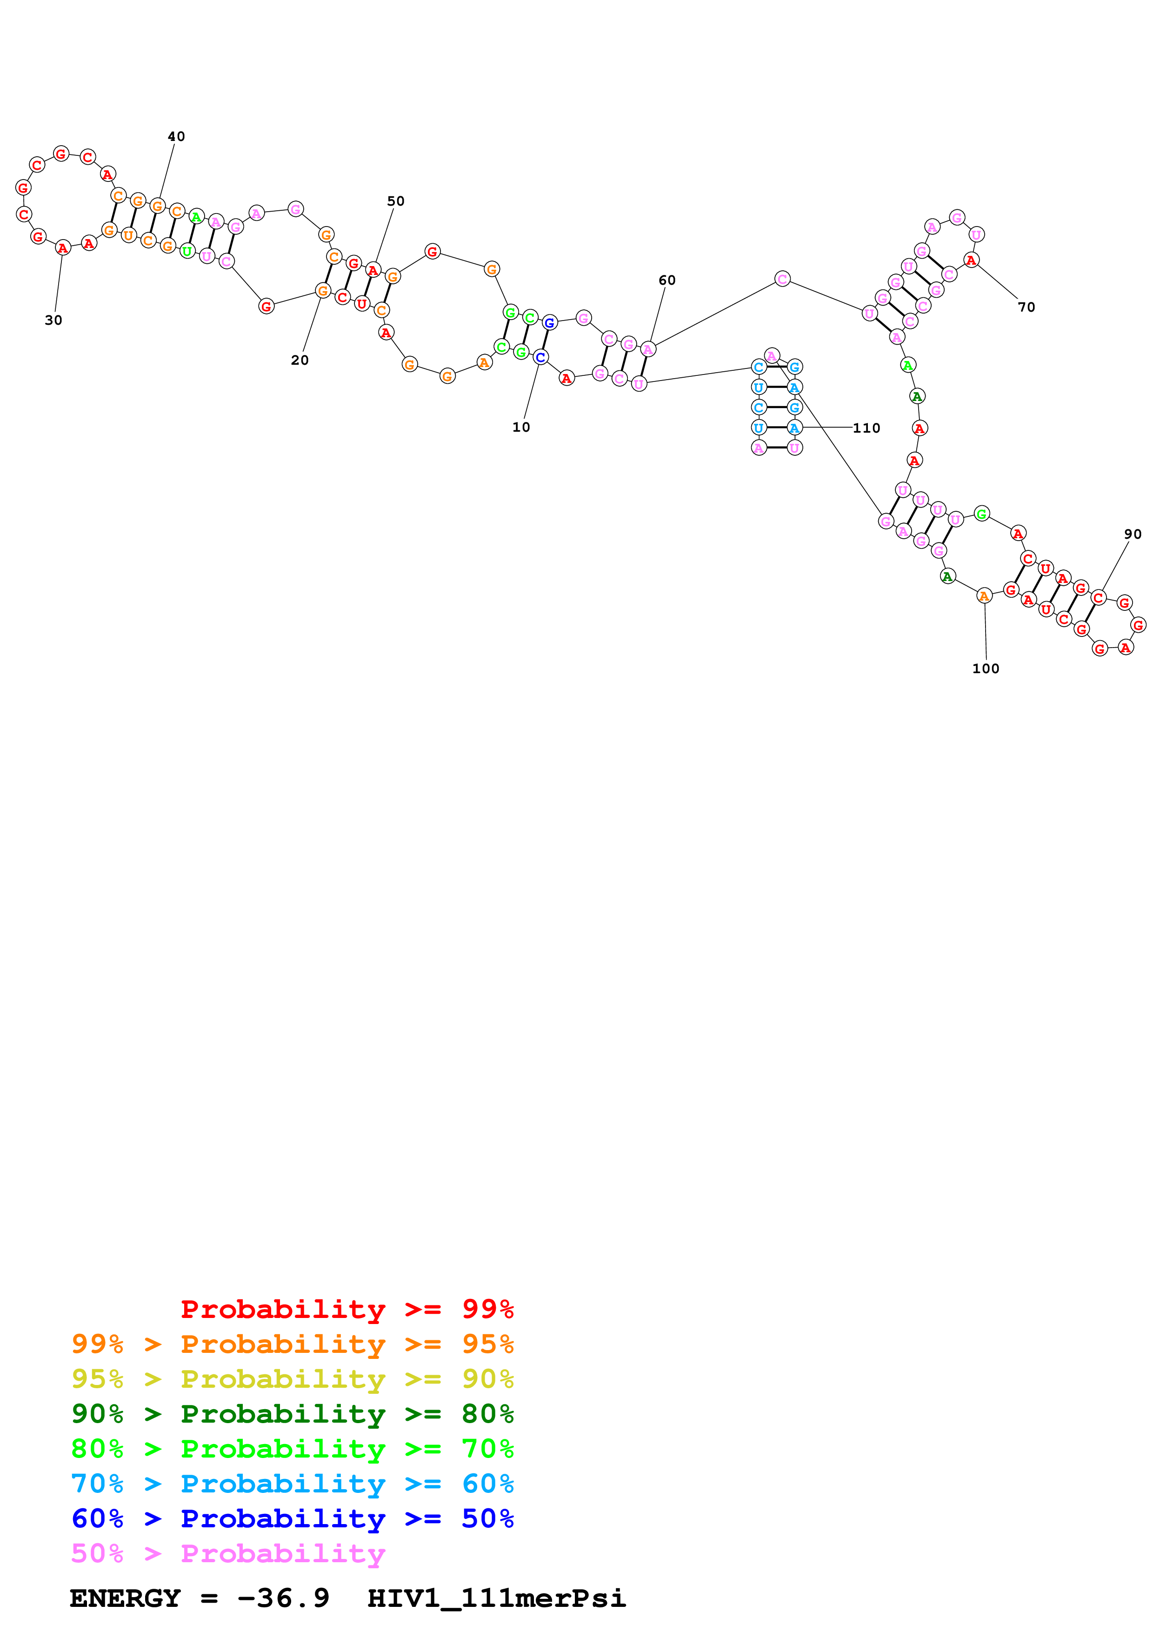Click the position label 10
point(521,427)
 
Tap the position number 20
point(300,361)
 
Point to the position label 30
point(53,321)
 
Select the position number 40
point(176,136)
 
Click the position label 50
point(396,201)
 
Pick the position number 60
point(667,280)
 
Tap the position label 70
point(1026,307)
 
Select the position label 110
point(866,428)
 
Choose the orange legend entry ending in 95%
point(292,1344)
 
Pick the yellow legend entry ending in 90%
point(292,1378)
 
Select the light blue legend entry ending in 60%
point(292,1484)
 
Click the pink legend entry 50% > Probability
point(227,1553)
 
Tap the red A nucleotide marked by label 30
point(62,248)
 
